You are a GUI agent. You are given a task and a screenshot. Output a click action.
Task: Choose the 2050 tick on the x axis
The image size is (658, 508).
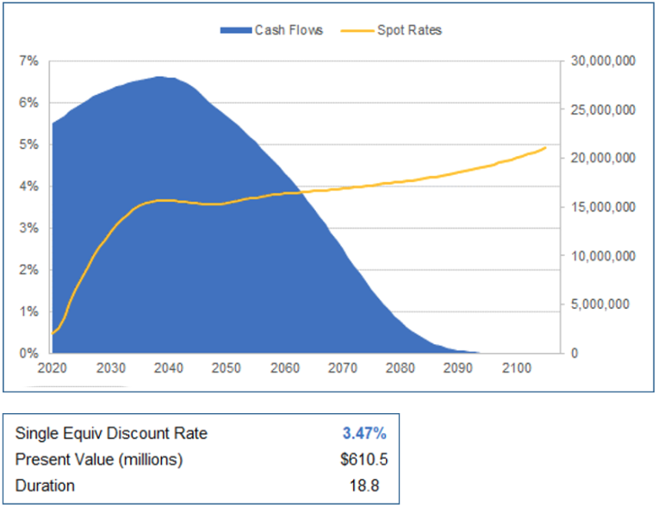point(226,368)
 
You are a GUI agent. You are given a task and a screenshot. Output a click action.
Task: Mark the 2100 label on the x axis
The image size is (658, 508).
point(516,368)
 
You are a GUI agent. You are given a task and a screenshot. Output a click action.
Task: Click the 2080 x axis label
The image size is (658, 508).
point(400,368)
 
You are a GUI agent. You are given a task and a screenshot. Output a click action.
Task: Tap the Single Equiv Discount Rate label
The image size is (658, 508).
point(111,433)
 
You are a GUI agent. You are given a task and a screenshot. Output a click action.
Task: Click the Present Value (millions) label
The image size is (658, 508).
point(99,460)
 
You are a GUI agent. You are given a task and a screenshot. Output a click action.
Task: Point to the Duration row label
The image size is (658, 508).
point(45,486)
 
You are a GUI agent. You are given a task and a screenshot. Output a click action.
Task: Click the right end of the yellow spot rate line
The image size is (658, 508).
point(545,147)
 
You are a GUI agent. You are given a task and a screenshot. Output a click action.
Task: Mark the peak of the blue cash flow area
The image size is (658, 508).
point(161,77)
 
